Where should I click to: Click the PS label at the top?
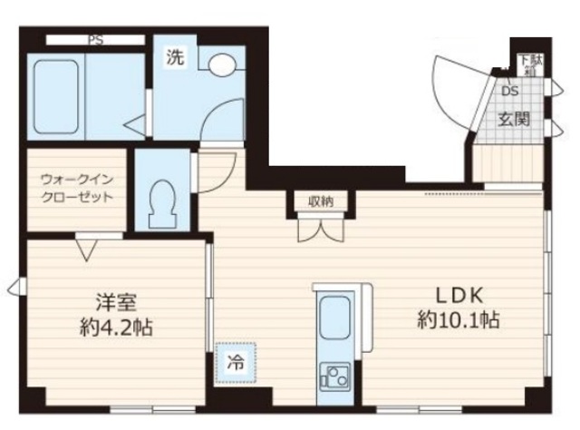(x=94, y=39)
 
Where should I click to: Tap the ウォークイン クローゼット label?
(x=76, y=188)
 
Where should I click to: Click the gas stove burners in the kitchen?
(x=335, y=375)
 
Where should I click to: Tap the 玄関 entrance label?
(x=513, y=119)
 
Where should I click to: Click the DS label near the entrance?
(x=509, y=91)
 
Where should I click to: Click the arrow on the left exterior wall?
(x=13, y=288)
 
